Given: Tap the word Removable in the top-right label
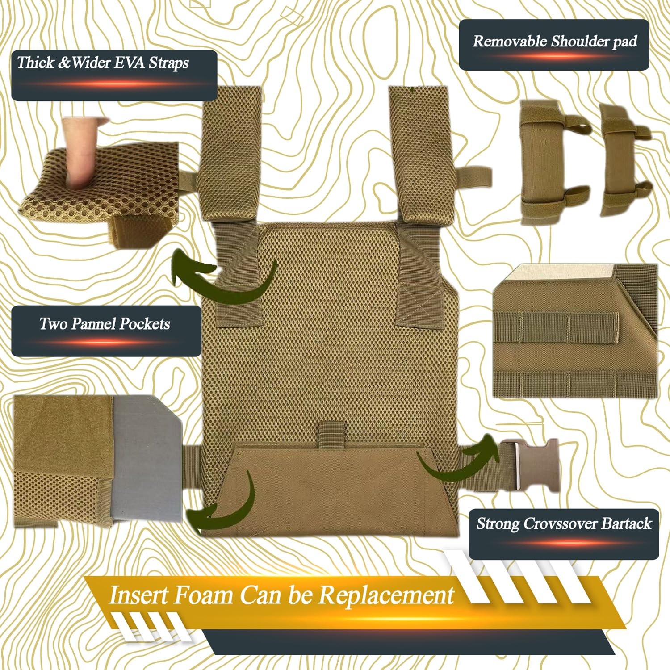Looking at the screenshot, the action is (x=510, y=42).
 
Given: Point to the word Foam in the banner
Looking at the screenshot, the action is (x=203, y=595).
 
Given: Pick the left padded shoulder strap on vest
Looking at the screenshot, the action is (x=232, y=154).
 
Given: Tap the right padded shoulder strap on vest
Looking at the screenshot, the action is (x=422, y=154).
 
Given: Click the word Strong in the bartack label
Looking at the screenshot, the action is (x=498, y=524).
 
